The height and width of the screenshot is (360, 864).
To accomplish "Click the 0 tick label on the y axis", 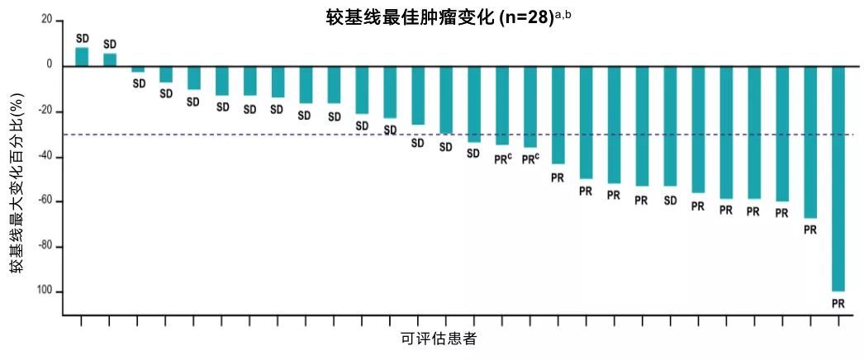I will tap(49, 64).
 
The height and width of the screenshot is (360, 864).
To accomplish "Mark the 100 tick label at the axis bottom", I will tap(43, 291).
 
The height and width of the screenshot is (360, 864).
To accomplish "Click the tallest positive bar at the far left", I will tap(82, 56).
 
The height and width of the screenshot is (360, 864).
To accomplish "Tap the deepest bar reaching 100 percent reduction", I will tap(838, 178).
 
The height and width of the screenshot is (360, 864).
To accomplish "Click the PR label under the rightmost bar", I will tap(838, 304).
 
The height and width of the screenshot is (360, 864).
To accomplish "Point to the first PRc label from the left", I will tap(503, 159).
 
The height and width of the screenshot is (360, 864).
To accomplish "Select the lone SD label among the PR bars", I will tap(670, 201).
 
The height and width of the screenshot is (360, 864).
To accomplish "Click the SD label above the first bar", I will tap(82, 38).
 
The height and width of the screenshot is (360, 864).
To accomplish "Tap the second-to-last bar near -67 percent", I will tap(810, 141).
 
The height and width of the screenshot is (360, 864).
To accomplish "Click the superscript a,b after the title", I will tap(563, 13).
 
